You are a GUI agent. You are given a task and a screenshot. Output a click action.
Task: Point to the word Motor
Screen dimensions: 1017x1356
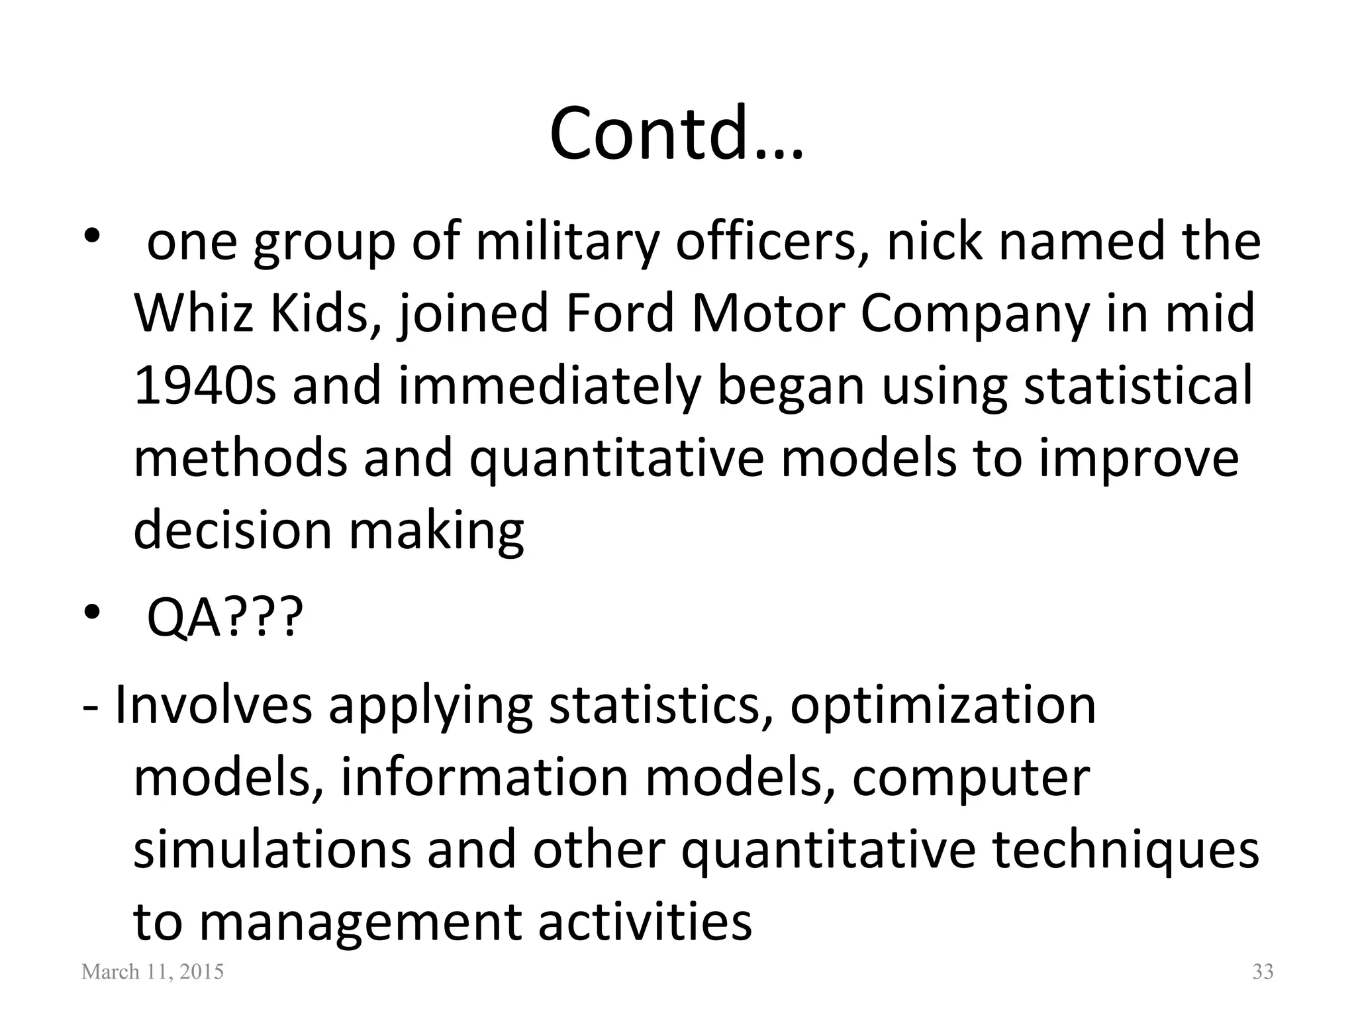[x=767, y=314]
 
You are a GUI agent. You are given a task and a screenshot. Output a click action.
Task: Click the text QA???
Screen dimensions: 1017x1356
[x=224, y=616]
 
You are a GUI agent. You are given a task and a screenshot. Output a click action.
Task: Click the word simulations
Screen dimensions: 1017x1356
[x=272, y=850]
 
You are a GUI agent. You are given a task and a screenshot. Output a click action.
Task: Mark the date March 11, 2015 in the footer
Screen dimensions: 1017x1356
[x=152, y=972]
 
